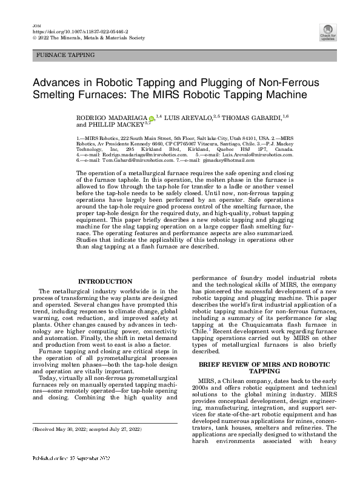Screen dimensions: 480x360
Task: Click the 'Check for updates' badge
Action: click(x=327, y=32)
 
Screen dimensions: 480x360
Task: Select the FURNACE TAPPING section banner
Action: click(x=65, y=55)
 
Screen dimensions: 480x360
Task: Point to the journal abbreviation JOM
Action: click(x=35, y=24)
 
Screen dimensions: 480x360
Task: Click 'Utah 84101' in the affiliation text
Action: click(x=233, y=138)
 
